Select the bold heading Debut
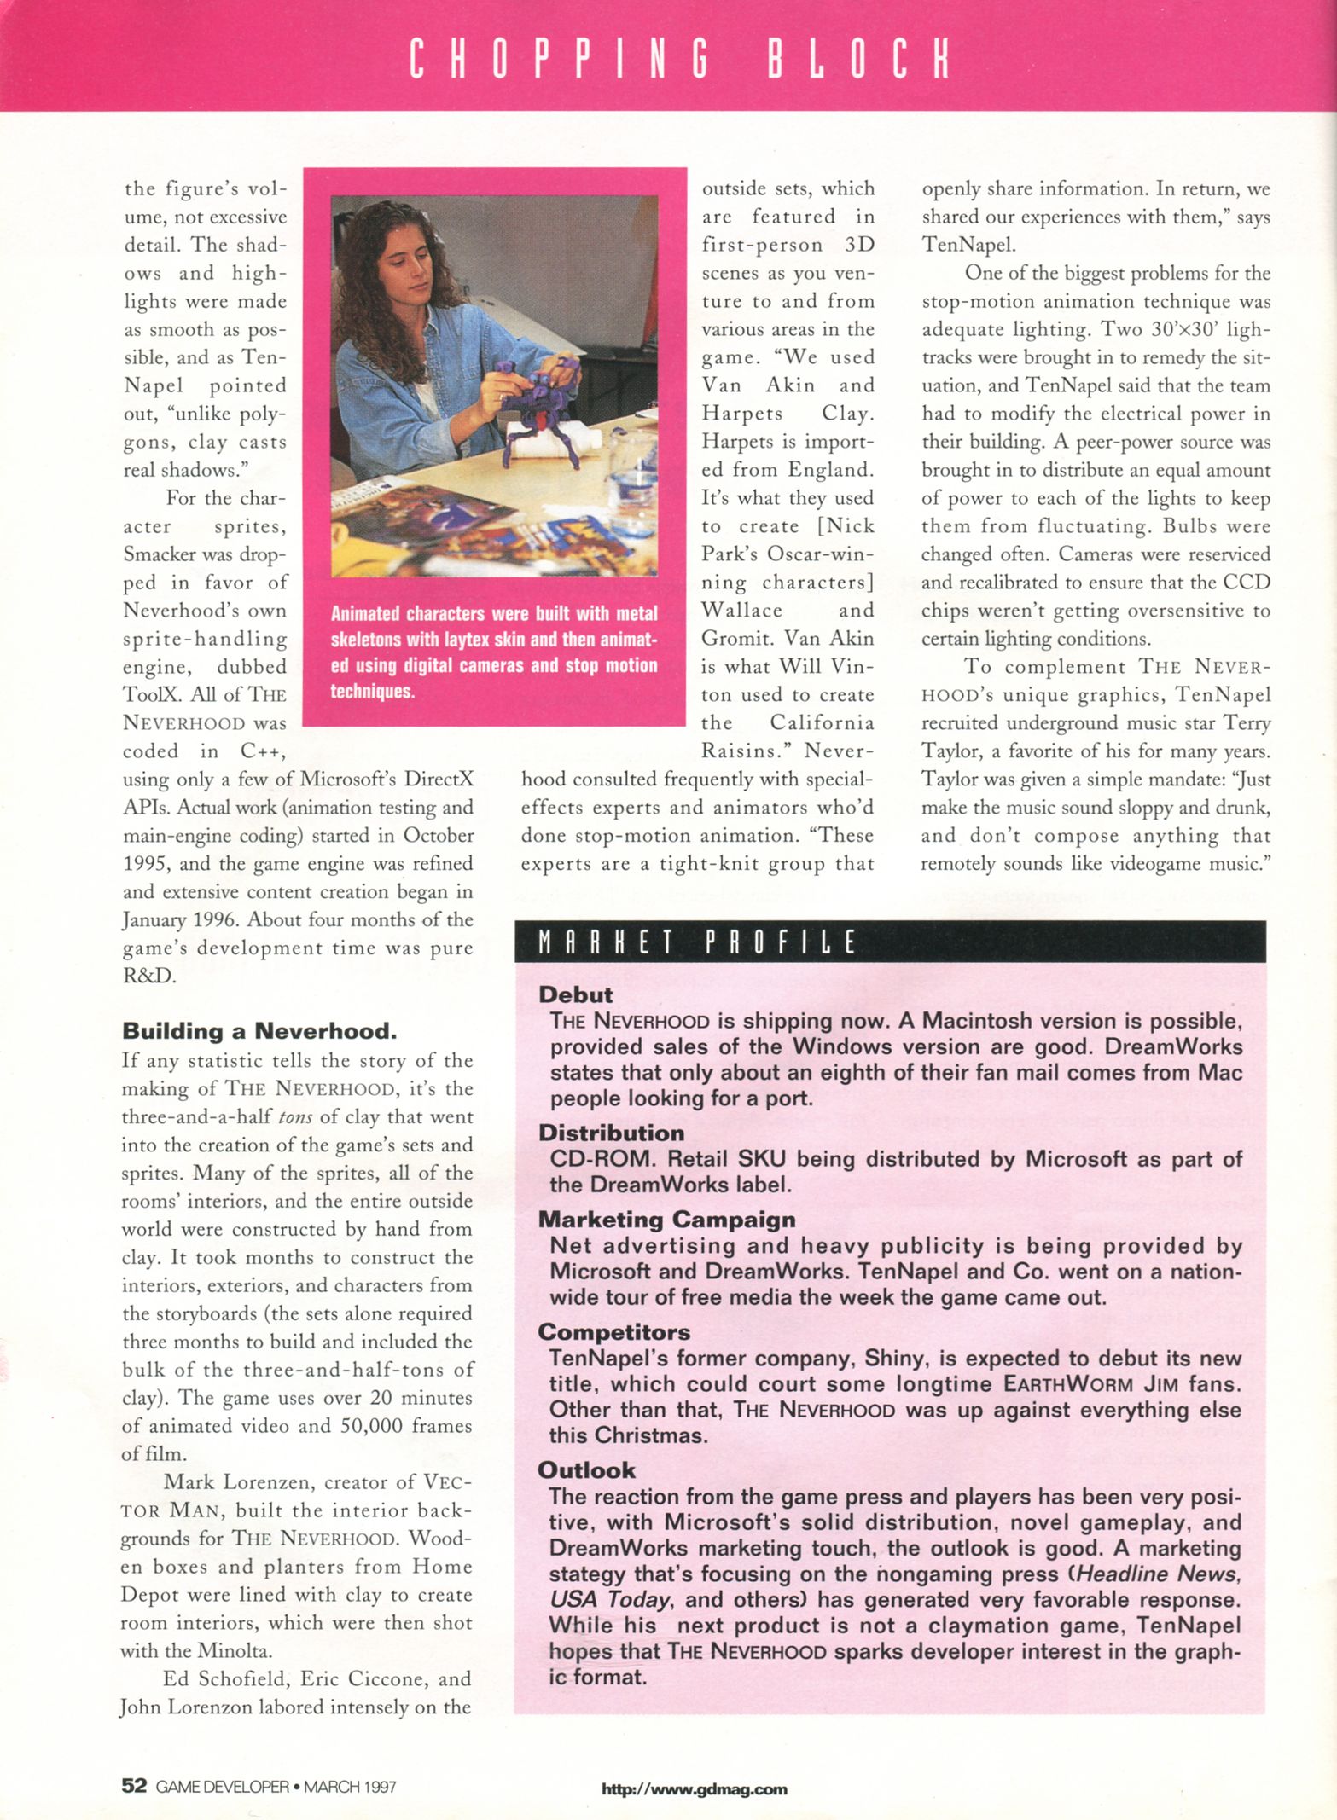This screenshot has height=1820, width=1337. (x=576, y=994)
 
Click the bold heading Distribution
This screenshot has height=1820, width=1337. (x=611, y=1133)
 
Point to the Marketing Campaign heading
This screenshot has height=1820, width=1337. (x=666, y=1220)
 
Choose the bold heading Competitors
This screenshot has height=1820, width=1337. (x=614, y=1331)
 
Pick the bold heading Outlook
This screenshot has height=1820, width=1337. (x=586, y=1469)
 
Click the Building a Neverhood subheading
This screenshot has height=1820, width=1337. (x=259, y=1031)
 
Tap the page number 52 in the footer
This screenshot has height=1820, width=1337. (x=135, y=1786)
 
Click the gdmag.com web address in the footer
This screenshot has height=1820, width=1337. (x=695, y=1789)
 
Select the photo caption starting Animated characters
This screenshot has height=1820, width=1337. (x=494, y=652)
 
